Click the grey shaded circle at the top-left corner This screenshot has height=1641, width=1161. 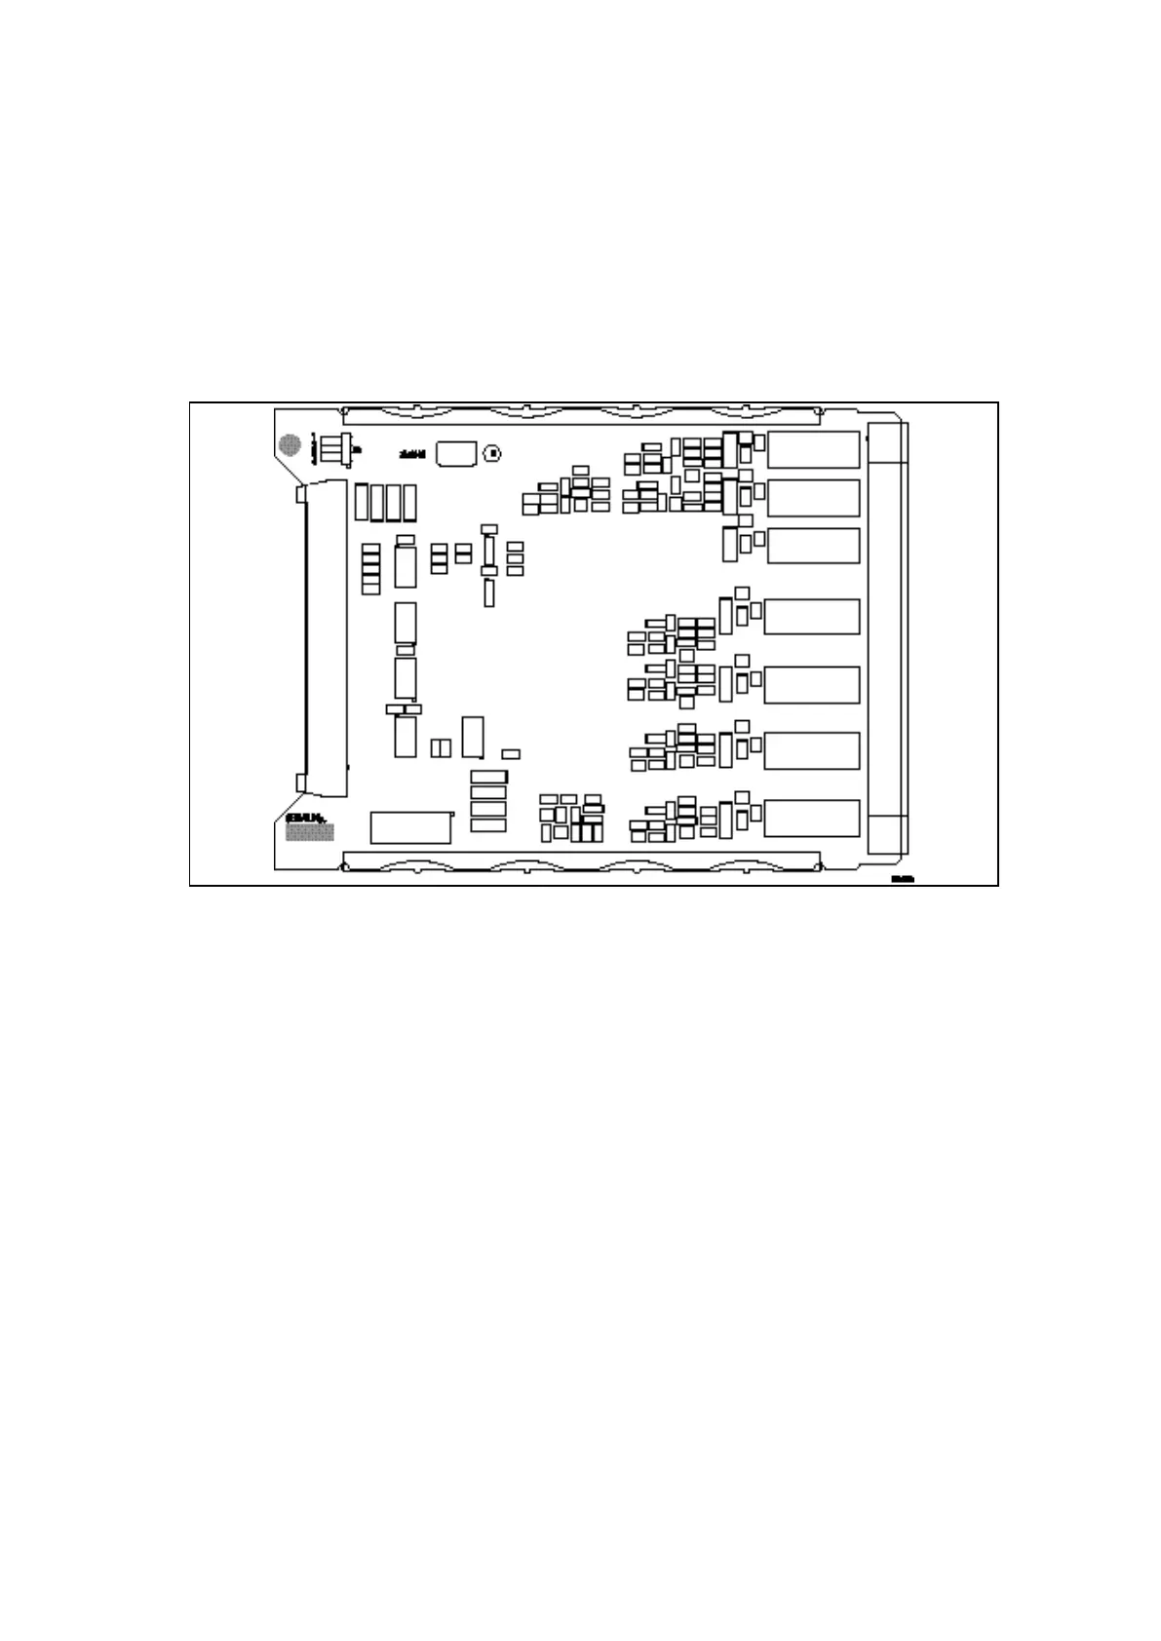[290, 444]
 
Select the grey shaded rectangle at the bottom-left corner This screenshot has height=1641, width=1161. [309, 831]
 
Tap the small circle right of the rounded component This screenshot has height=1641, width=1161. [493, 453]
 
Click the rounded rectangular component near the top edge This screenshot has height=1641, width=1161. [455, 452]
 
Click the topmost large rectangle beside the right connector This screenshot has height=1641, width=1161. [813, 449]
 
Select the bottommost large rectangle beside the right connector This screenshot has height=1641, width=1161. [811, 818]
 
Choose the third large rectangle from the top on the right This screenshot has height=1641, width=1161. [813, 545]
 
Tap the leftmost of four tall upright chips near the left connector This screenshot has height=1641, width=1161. [362, 501]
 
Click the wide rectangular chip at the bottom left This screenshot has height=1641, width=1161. [410, 826]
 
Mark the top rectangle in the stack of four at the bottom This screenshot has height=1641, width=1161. [488, 776]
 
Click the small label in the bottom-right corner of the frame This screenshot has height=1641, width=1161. [901, 879]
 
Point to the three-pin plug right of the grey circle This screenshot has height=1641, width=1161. [335, 450]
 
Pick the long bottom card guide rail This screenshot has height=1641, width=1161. [581, 860]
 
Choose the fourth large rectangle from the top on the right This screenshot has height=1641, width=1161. [811, 616]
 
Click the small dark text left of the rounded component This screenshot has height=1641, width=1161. [410, 453]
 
